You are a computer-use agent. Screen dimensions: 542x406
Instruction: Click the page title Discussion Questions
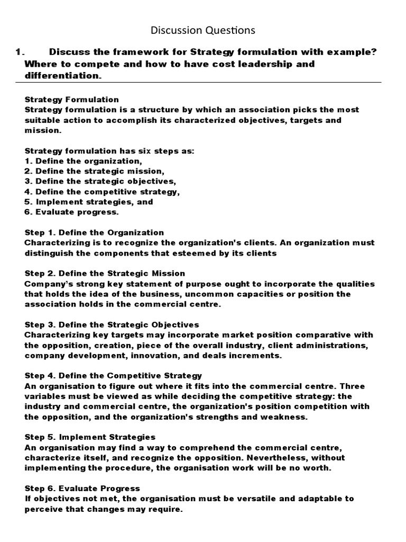(203, 30)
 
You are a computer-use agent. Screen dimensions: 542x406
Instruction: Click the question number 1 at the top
(20, 52)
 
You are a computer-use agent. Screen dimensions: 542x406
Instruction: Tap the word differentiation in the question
(61, 76)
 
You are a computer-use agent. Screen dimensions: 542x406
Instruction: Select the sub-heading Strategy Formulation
(72, 100)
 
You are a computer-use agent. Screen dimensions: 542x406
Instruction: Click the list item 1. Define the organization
(83, 161)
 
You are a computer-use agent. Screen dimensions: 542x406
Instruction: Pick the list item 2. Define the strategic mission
(95, 171)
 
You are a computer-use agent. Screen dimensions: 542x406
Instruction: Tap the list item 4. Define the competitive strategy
(102, 192)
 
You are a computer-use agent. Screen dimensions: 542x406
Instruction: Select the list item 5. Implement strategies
(88, 202)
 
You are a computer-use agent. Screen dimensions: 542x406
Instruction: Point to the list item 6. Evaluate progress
(72, 212)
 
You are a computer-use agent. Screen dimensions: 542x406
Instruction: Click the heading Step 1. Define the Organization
(94, 232)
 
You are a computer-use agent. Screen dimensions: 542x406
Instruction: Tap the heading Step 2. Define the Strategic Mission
(105, 274)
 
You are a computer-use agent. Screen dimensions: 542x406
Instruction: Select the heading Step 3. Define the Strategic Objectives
(112, 324)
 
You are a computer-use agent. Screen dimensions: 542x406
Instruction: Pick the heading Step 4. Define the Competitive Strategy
(113, 376)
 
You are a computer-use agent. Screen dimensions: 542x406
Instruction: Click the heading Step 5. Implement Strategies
(90, 437)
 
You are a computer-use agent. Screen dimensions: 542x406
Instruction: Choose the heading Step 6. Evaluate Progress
(82, 488)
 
